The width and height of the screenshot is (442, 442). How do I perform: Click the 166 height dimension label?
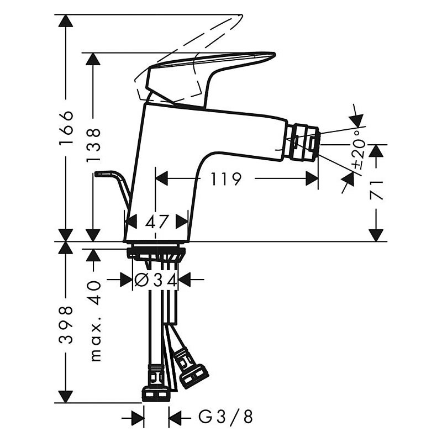click(x=66, y=128)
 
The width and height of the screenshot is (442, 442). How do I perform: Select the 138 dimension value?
click(x=93, y=145)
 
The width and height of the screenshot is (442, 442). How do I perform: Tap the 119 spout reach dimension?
click(x=227, y=178)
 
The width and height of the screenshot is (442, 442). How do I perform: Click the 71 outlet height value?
click(x=377, y=191)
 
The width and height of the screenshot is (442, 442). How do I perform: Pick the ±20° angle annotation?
click(x=360, y=149)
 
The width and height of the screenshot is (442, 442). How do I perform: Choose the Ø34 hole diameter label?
click(x=156, y=280)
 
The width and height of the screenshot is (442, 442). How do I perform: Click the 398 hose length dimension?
click(x=66, y=324)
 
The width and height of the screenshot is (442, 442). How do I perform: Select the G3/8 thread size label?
click(x=225, y=417)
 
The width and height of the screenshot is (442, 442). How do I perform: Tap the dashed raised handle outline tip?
click(x=240, y=17)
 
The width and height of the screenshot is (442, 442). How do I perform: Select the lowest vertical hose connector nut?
click(x=156, y=394)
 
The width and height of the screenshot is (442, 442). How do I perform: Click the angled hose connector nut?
click(x=194, y=376)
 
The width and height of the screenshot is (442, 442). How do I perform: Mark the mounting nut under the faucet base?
click(x=156, y=253)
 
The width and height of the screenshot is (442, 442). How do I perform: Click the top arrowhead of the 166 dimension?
click(x=66, y=20)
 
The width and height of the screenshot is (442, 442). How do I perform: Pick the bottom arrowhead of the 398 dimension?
click(x=66, y=397)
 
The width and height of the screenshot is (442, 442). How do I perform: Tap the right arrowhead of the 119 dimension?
click(x=312, y=178)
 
